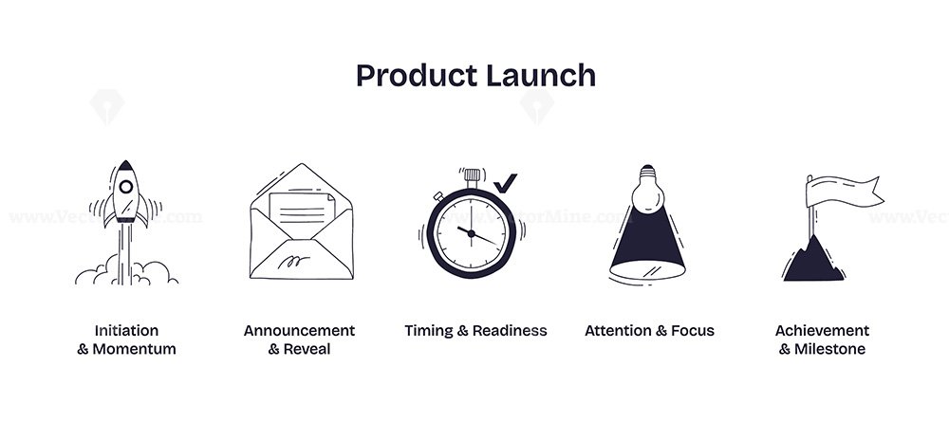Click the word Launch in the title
(541, 76)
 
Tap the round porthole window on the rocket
(126, 187)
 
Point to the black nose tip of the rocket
(126, 165)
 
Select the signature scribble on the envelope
(293, 262)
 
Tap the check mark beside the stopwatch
(505, 183)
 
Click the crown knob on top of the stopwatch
(472, 176)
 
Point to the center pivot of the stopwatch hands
(471, 232)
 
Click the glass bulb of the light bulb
(647, 194)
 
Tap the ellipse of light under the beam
(647, 270)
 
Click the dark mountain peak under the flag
(813, 259)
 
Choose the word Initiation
(126, 331)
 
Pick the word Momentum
(135, 349)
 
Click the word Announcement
(299, 331)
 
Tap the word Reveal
(307, 349)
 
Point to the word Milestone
(829, 349)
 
